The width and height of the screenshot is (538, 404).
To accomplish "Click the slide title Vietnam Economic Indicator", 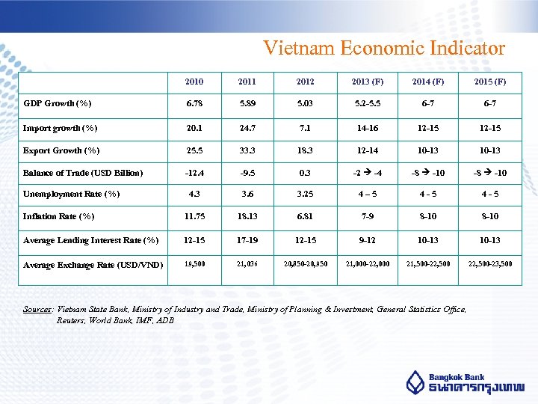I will [x=384, y=49].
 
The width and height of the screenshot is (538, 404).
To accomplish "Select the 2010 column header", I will [x=194, y=82].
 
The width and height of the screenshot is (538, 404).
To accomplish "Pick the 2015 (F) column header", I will [x=490, y=82].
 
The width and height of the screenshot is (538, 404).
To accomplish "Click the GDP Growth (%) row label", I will [x=58, y=103].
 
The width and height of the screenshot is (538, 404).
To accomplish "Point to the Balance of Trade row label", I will [x=83, y=173].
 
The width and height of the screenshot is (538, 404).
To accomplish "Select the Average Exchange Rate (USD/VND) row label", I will [x=93, y=264].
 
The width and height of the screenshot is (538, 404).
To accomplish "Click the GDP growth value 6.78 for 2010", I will [x=194, y=104].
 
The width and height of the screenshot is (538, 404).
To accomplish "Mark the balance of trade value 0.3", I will [x=305, y=173].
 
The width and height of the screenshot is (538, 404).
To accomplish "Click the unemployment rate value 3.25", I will [x=305, y=195].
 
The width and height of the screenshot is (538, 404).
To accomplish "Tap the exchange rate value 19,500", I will [x=194, y=263].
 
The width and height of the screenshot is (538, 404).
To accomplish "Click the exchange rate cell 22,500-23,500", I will [x=490, y=263].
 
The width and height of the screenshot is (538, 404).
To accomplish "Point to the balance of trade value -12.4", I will [x=194, y=173].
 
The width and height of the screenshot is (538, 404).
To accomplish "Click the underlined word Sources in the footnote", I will [x=37, y=309].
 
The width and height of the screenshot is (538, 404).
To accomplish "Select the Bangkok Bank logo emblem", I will [x=415, y=382].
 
